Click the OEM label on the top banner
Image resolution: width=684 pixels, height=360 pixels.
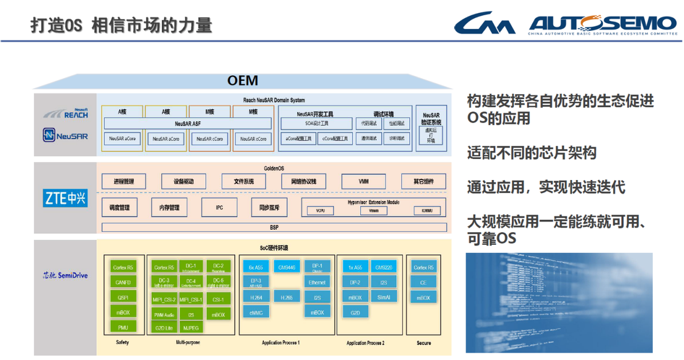click(x=242, y=80)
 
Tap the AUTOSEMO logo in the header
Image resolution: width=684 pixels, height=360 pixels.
click(x=602, y=23)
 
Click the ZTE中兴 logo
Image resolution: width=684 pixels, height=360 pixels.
click(x=66, y=198)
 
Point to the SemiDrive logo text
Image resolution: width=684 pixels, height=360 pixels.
click(x=66, y=276)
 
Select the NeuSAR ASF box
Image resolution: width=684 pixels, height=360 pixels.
click(x=188, y=123)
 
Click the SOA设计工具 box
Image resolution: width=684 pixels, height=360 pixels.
click(x=316, y=123)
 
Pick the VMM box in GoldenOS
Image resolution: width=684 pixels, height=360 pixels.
click(x=363, y=182)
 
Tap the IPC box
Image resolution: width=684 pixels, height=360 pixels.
click(x=219, y=208)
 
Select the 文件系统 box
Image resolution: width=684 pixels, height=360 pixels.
click(x=243, y=182)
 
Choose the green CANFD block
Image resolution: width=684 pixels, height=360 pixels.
click(x=123, y=282)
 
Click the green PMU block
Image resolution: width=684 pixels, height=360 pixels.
click(x=123, y=327)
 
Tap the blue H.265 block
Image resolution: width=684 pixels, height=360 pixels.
click(x=287, y=297)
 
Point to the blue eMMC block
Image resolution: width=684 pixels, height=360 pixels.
click(x=256, y=312)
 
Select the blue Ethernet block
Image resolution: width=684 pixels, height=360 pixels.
click(x=317, y=282)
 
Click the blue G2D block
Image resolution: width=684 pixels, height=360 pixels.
click(x=355, y=312)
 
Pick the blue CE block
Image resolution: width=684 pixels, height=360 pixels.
click(x=423, y=282)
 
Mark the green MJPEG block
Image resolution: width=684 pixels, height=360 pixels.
click(x=191, y=328)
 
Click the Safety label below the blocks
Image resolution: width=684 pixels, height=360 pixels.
click(x=123, y=342)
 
